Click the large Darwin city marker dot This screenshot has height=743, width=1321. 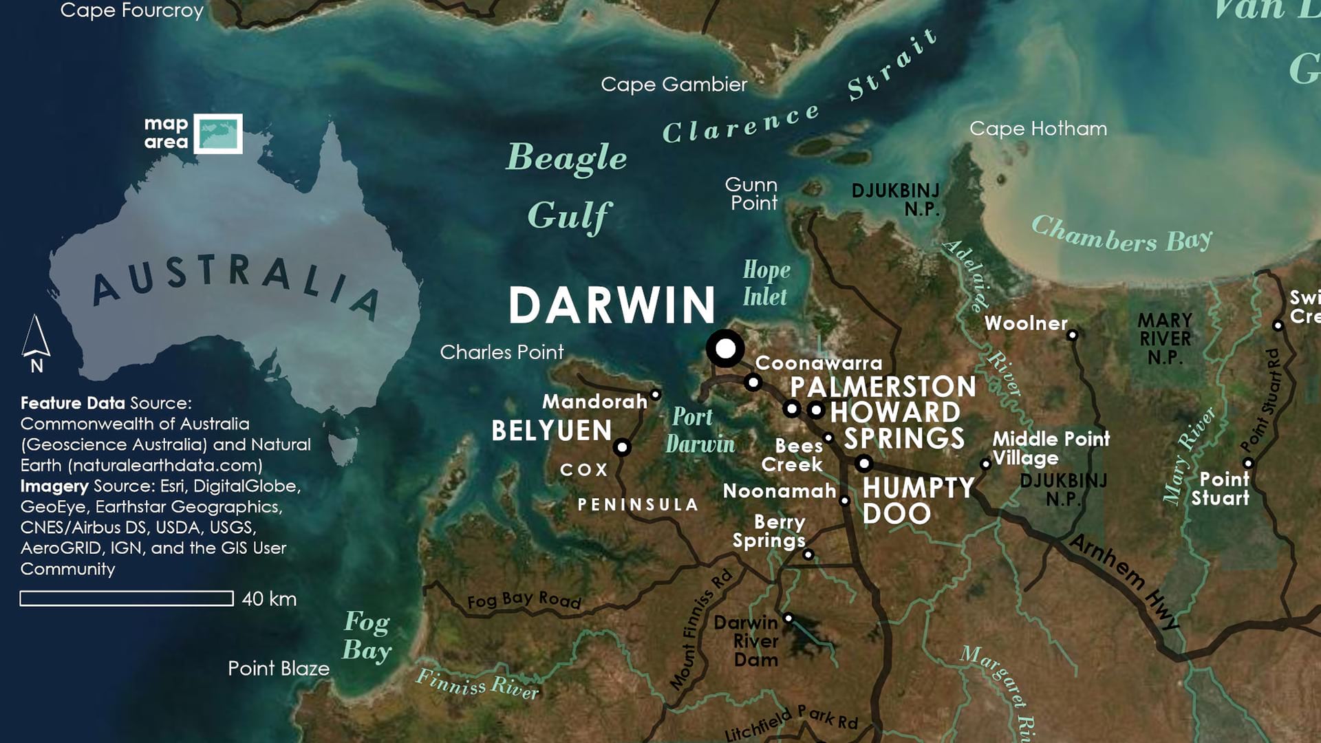point(725,348)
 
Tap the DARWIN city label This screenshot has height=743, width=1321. point(612,305)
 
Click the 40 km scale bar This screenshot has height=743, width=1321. point(127,599)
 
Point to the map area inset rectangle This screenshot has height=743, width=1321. point(218,133)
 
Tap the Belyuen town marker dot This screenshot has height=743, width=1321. point(622,447)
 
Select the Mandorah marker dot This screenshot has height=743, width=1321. point(656,395)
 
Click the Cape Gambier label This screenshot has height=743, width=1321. point(674,85)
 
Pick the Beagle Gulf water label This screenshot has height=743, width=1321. point(568,186)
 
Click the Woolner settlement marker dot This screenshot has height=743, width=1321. point(1072,335)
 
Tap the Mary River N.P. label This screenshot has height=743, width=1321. point(1165,338)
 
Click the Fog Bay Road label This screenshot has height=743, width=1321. point(524,600)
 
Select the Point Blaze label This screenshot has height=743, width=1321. point(279,669)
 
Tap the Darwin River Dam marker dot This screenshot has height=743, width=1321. point(788,618)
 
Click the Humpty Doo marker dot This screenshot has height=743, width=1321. point(864,463)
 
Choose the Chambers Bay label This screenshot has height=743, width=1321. point(1121,235)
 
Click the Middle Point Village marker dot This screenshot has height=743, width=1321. point(985,464)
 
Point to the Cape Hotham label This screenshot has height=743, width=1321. point(1038,129)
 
